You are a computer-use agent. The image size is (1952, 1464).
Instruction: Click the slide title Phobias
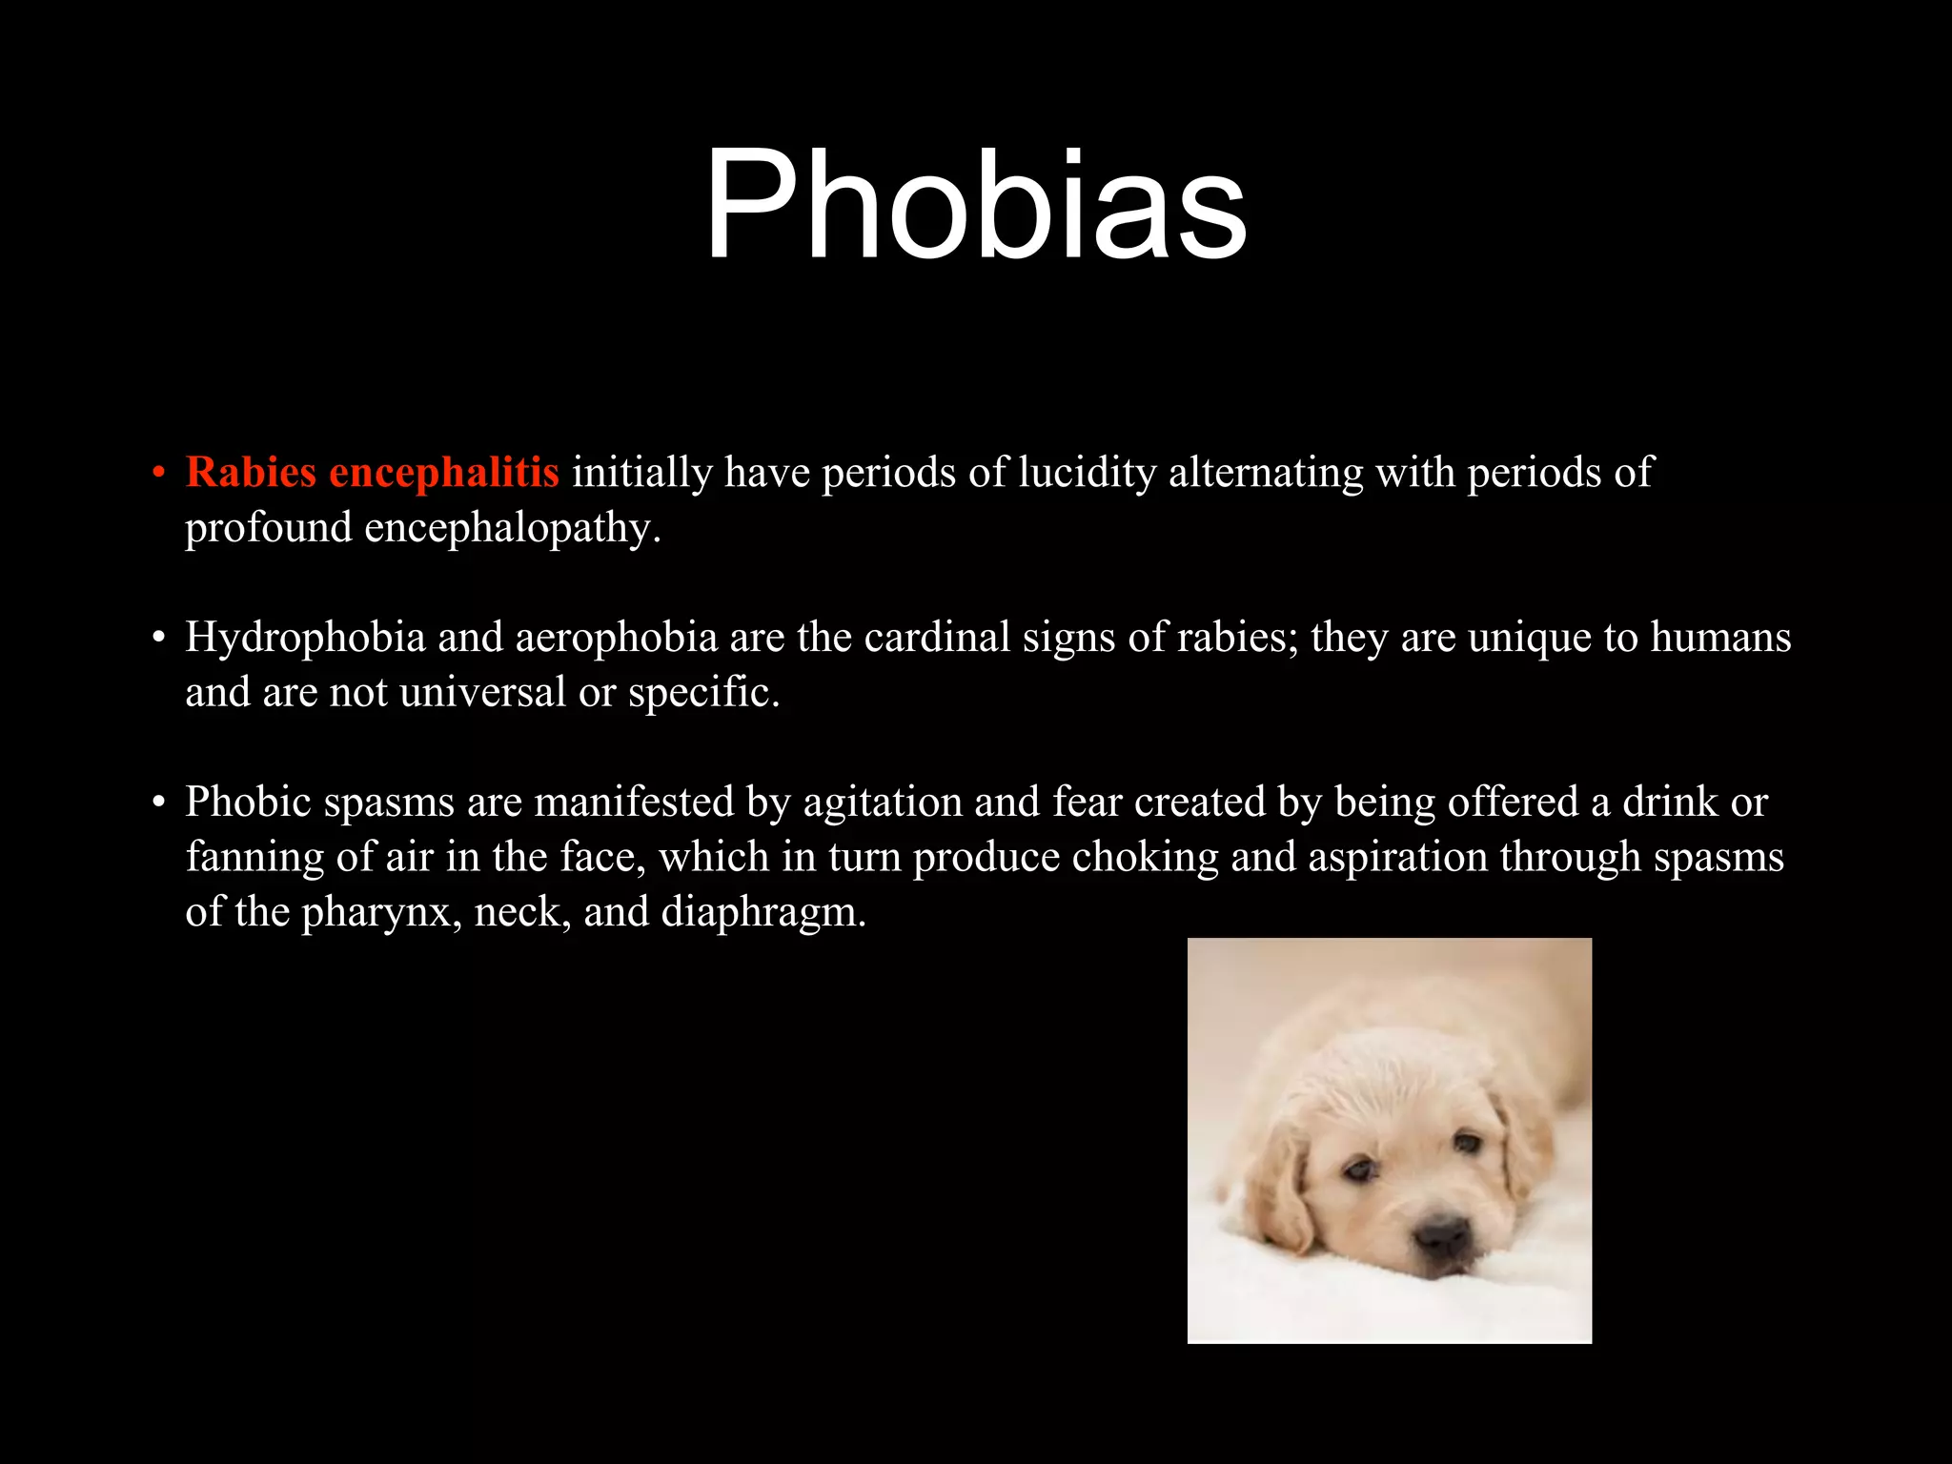click(975, 205)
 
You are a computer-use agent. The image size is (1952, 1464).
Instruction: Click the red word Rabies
click(251, 473)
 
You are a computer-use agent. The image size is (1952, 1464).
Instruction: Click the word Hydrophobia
click(305, 638)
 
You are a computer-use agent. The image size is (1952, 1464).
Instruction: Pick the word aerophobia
click(616, 638)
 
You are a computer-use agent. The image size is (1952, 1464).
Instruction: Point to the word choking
click(1145, 858)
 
